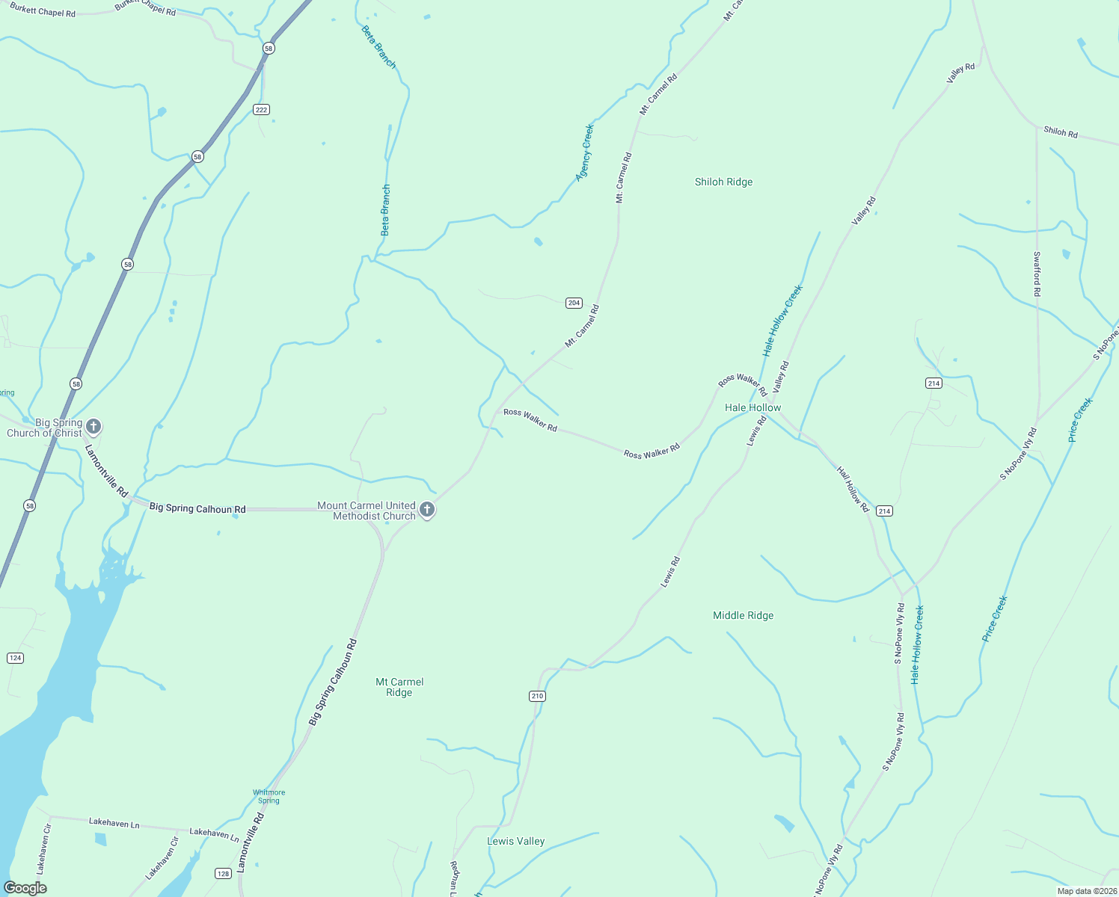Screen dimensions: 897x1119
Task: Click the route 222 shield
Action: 260,110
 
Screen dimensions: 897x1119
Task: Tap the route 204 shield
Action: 574,303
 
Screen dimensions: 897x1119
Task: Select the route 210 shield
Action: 537,696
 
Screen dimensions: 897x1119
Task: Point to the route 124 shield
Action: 15,658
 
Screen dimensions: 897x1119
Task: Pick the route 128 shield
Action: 223,874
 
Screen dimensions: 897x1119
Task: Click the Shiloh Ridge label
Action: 723,182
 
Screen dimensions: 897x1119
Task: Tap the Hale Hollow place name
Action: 752,407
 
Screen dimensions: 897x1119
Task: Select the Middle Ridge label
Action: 743,615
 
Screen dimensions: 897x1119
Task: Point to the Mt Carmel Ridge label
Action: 399,687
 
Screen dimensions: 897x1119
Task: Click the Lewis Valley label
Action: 515,841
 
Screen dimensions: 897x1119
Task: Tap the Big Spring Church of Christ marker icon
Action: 93,427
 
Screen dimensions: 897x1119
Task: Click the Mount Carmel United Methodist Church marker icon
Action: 427,510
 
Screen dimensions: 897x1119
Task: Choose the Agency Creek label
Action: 584,152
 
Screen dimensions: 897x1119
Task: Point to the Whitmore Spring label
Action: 269,796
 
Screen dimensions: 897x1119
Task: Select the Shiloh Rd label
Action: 1061,132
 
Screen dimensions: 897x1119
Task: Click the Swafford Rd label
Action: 1037,274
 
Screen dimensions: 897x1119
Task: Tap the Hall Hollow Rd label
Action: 853,490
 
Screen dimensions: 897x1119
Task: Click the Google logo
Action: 25,888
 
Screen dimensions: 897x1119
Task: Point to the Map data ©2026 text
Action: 1085,891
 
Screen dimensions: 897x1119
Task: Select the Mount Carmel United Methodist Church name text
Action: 366,511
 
